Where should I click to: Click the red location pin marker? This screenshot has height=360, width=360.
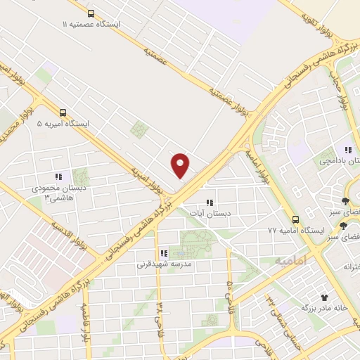[181, 165]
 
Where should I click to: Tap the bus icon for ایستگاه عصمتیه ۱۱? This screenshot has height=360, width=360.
[91, 13]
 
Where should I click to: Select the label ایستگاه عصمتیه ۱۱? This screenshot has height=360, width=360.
[91, 25]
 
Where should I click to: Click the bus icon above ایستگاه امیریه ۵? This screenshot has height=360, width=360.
[63, 112]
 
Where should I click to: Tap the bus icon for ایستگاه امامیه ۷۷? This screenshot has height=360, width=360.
[296, 219]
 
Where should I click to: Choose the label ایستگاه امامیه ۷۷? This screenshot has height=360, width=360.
[295, 231]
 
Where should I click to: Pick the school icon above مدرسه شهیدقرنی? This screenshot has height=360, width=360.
[163, 253]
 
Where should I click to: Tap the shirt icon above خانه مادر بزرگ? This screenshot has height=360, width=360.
[324, 297]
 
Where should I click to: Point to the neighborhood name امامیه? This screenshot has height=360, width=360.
[290, 261]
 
